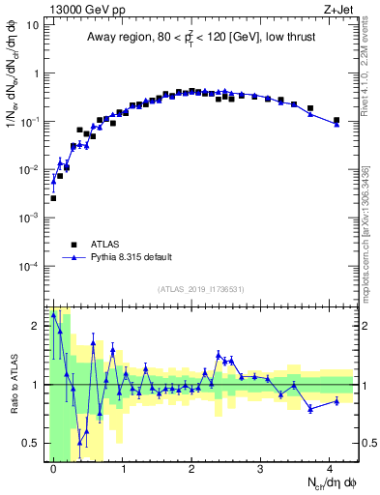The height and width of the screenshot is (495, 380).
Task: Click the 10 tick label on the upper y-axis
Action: point(33,25)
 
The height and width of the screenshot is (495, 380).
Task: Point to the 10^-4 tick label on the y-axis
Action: point(29,266)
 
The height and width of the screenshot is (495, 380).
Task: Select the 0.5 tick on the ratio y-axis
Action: point(31,444)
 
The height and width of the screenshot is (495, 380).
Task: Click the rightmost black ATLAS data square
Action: point(336,121)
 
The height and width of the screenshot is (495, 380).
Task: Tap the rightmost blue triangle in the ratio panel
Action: point(336,400)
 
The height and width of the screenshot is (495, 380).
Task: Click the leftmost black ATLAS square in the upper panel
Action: point(53,198)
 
